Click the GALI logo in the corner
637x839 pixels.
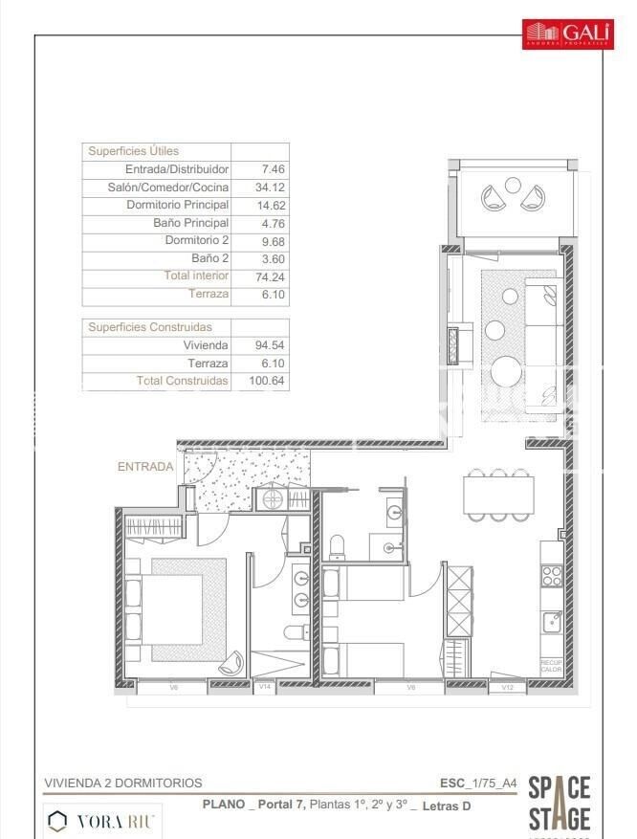tap(567, 34)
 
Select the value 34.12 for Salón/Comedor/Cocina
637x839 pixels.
tap(274, 188)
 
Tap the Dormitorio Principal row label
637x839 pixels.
tap(177, 206)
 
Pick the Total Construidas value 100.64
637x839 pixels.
tap(268, 381)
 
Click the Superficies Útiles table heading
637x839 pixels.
tap(133, 151)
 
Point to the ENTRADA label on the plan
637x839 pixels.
tap(145, 467)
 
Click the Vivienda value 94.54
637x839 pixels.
tap(274, 345)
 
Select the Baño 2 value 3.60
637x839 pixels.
tap(274, 258)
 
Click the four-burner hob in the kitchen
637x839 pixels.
tap(552, 575)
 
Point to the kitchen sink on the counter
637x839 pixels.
tap(552, 623)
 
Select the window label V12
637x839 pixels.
tap(507, 687)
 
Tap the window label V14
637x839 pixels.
tap(265, 686)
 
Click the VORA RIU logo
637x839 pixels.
tap(105, 820)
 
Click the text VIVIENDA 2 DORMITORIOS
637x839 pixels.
tap(123, 783)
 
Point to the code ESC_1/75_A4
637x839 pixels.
tap(478, 783)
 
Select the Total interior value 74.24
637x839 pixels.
tap(274, 276)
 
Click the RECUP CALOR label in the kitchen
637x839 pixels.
tap(551, 666)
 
